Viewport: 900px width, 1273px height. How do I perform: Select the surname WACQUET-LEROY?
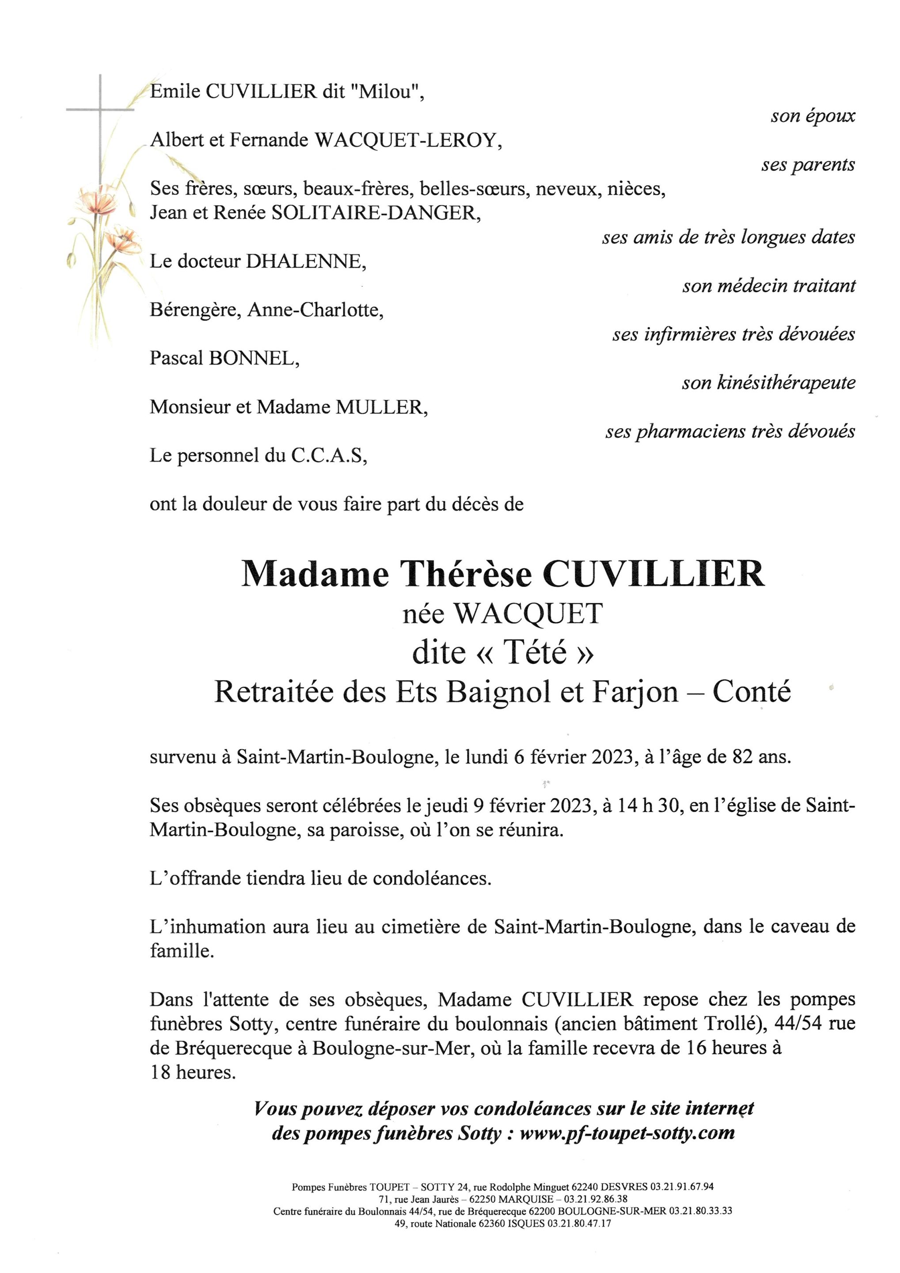coord(407,141)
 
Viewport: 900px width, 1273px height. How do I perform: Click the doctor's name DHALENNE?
coord(306,262)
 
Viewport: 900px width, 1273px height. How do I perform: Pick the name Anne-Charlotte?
coord(316,310)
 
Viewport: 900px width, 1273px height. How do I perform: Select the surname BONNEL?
coord(254,359)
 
